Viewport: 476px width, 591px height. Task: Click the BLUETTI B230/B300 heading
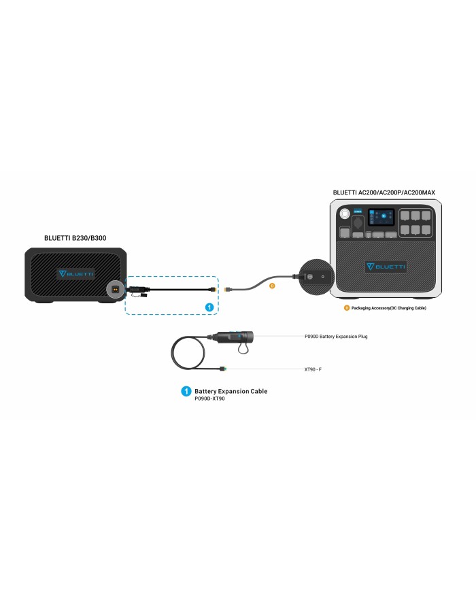[75, 239]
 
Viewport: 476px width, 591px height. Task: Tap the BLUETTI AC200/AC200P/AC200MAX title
[384, 192]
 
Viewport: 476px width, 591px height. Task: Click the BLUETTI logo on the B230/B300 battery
[76, 273]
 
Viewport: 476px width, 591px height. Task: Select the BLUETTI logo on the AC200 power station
[386, 266]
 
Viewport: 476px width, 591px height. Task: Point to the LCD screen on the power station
[381, 218]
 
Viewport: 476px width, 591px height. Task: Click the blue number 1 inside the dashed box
[210, 307]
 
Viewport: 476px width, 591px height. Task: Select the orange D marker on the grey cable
[272, 286]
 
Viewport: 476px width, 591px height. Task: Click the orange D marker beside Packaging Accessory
[346, 308]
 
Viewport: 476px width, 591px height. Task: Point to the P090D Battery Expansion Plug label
[335, 337]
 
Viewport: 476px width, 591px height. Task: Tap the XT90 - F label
[316, 369]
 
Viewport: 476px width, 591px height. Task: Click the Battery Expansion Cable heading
[231, 391]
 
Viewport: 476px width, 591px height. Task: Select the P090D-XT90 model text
[209, 399]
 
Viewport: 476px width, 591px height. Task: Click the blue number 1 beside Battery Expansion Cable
[185, 392]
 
